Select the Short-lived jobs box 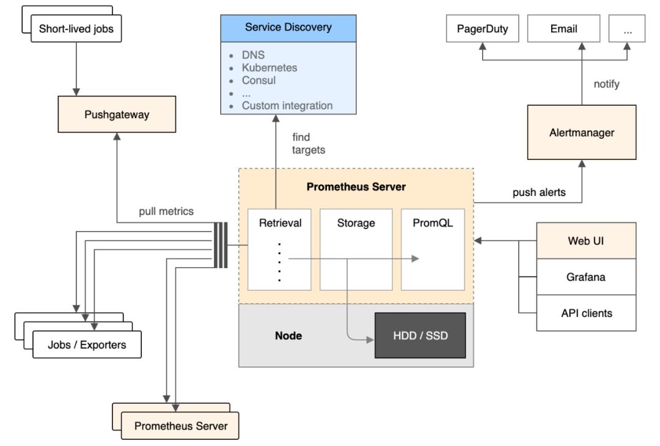point(76,29)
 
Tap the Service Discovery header point(288,27)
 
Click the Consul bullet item point(258,80)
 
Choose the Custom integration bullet point(287,106)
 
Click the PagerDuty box point(482,29)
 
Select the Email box point(563,29)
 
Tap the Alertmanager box point(581,133)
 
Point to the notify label point(606,84)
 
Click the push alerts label point(539,192)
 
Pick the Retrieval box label point(280,223)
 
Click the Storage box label point(356,223)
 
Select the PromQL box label point(433,223)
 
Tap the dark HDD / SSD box point(420,335)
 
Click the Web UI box point(586,241)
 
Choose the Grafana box point(586,277)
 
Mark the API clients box point(586,313)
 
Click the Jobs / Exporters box point(87,345)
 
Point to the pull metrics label point(166,211)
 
